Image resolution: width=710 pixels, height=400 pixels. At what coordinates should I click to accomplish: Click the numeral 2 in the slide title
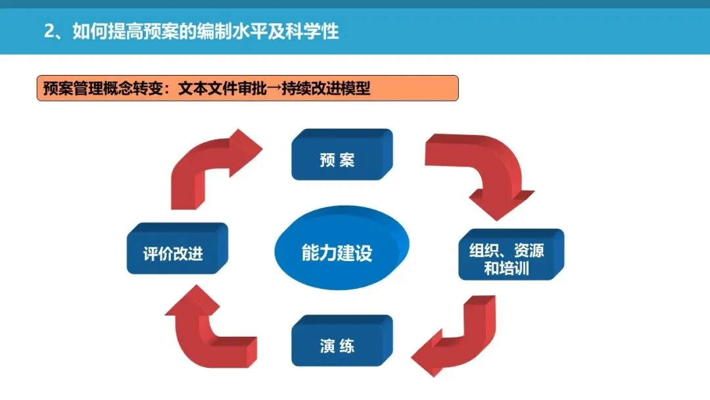pos(49,32)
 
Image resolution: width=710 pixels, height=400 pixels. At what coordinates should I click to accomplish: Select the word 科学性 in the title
pos(318,32)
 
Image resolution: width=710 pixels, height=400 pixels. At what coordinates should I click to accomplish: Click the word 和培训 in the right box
pos(506,268)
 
